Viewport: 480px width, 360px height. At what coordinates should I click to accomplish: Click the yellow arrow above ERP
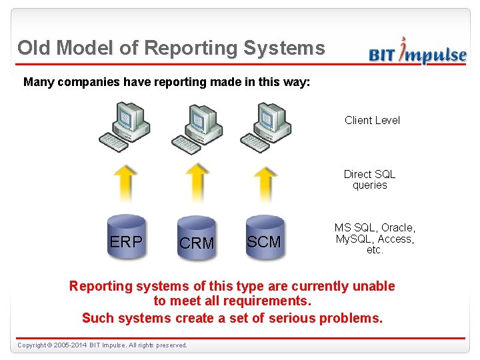pos(126,183)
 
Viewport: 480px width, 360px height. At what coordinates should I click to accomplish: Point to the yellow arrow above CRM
pos(196,183)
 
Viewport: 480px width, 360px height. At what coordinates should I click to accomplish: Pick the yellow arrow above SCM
pos(265,183)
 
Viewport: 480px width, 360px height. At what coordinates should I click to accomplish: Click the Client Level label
pos(372,120)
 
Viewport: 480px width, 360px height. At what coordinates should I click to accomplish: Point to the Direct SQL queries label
pos(369,179)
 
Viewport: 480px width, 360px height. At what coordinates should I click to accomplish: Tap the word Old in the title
pos(35,48)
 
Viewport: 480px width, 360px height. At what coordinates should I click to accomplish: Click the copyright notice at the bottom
pos(102,345)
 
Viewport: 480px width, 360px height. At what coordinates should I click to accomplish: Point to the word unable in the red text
pos(373,286)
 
